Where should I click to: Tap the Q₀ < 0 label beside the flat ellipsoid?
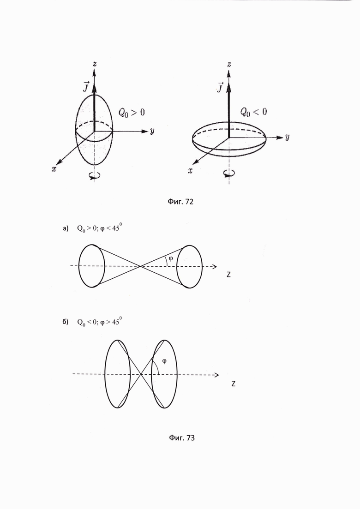pos(253,111)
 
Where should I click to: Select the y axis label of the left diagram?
pos(151,132)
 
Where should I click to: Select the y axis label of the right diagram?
pos(287,137)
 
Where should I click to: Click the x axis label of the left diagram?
pos(54,169)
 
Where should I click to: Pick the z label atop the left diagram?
pos(94,64)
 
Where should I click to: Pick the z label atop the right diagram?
pos(229,64)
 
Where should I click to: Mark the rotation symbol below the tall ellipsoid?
pos(95,175)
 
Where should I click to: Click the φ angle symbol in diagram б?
pos(164,361)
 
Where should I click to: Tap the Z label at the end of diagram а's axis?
pos(228,275)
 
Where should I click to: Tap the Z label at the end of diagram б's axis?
pos(234,383)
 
